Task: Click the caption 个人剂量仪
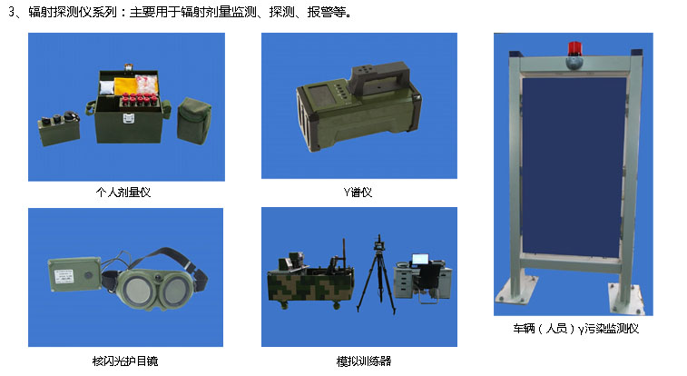[123, 192]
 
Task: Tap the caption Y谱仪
[358, 192]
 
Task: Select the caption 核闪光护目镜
[125, 361]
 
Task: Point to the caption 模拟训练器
[364, 361]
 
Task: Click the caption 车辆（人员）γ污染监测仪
[575, 328]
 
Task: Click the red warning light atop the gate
[574, 48]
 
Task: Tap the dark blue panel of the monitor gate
[574, 165]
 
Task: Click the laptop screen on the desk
[420, 259]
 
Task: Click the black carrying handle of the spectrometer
[379, 78]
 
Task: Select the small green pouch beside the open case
[193, 121]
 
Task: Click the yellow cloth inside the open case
[124, 86]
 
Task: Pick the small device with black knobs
[59, 128]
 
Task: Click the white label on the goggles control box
[64, 276]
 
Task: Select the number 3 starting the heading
[12, 12]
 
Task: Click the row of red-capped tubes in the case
[140, 100]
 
